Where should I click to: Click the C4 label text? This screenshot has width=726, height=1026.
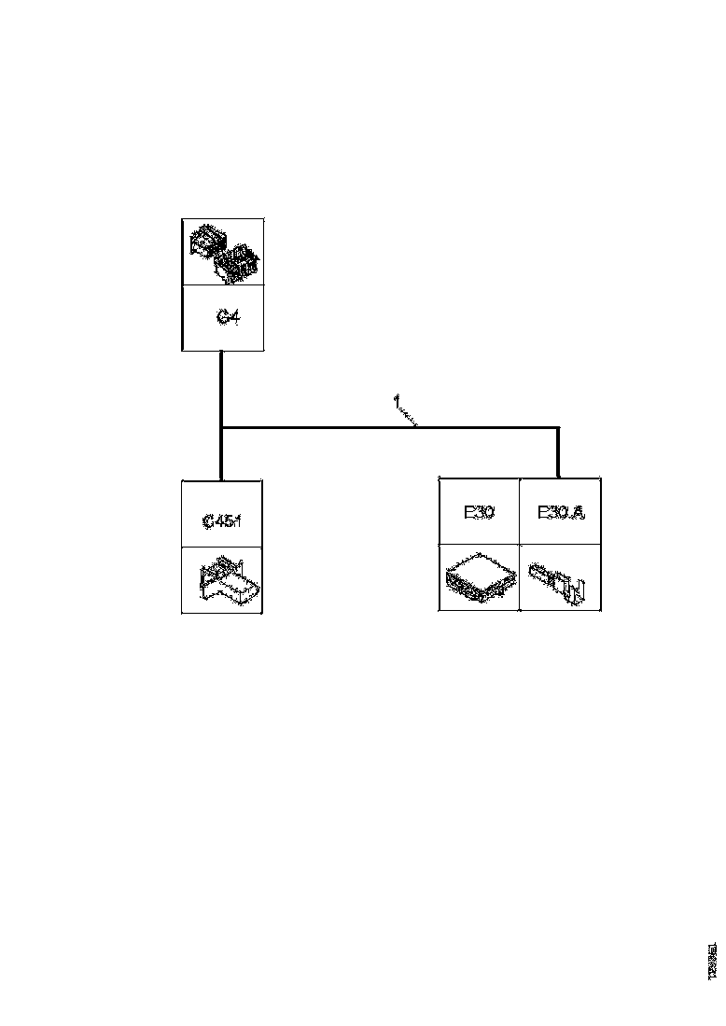228,318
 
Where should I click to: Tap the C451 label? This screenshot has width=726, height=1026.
222,520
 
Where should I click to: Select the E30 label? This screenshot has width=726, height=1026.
479,512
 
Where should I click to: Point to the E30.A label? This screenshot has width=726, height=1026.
560,512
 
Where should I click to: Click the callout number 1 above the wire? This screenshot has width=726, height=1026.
396,402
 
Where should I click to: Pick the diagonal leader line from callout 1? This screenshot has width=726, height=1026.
408,417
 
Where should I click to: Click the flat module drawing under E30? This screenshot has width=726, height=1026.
479,580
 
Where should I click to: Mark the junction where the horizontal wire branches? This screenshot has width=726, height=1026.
221,428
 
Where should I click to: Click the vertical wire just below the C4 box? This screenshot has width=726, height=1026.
221,382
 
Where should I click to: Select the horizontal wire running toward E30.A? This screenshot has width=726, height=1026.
392,428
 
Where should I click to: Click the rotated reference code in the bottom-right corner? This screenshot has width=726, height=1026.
713,960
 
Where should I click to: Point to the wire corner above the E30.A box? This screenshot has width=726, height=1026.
558,428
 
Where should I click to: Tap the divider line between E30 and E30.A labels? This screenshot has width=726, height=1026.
519,512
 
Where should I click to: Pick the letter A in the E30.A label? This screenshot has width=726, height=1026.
578,512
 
